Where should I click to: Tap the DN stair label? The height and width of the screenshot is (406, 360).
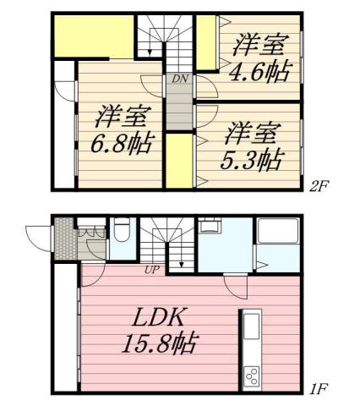(179, 79)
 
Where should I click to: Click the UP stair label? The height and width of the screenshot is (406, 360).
(153, 270)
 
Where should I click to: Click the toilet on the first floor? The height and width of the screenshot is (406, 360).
(122, 230)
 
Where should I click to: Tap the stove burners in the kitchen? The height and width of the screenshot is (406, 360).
(252, 372)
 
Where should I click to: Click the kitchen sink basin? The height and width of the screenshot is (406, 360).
(252, 326)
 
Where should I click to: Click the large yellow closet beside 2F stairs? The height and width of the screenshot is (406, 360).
(93, 35)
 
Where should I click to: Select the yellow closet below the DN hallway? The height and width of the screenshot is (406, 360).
(178, 160)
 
